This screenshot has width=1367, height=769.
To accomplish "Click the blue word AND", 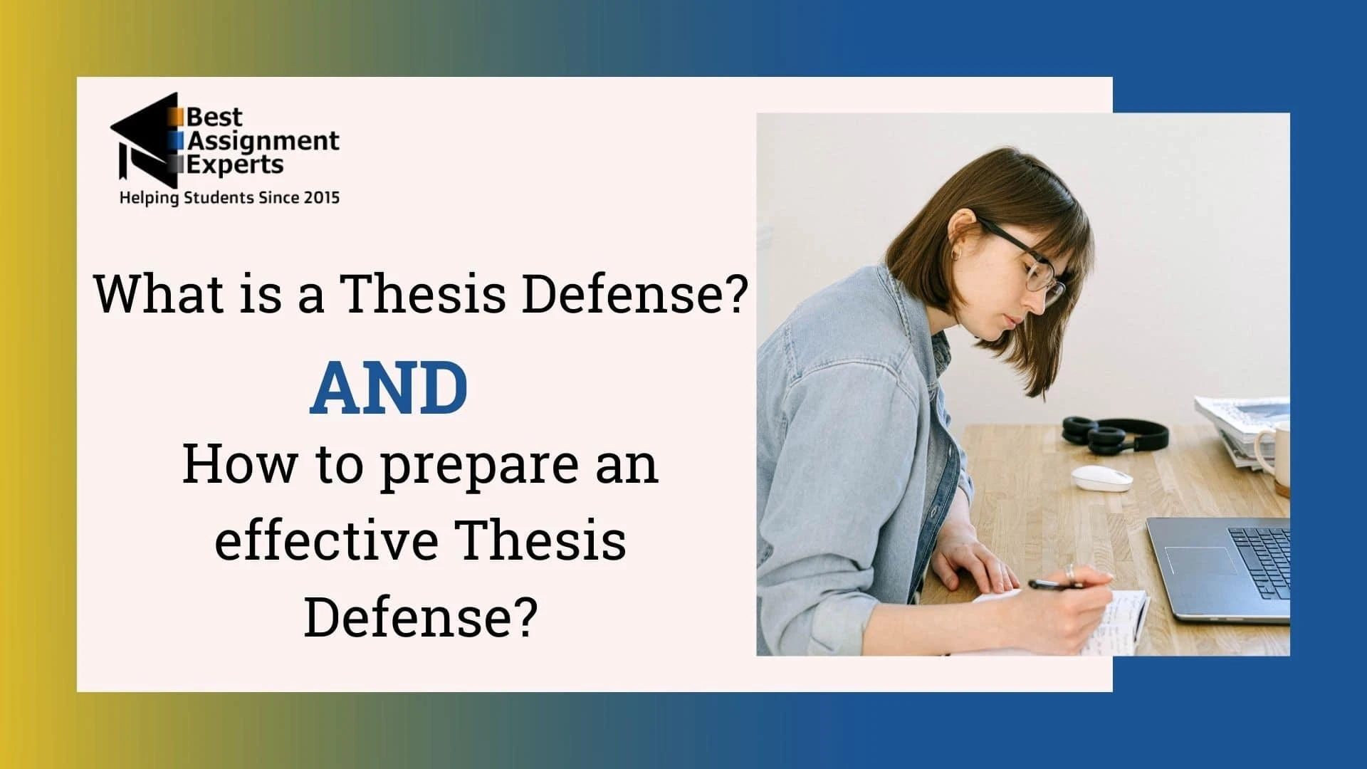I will click(389, 389).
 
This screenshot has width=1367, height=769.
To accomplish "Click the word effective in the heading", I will click(326, 541).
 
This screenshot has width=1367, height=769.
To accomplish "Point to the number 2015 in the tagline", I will click(322, 197).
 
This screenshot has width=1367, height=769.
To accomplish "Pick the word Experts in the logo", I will click(235, 164).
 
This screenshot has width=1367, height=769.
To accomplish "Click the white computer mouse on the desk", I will click(1102, 478).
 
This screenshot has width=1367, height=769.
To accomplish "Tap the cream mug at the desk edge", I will click(1273, 456).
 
